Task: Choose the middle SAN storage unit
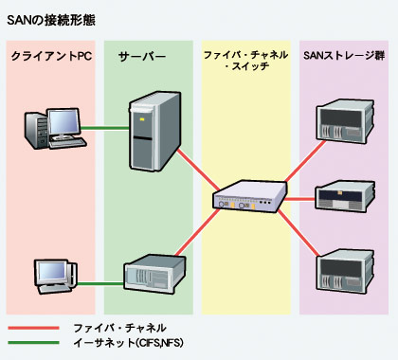[x=343, y=198]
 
